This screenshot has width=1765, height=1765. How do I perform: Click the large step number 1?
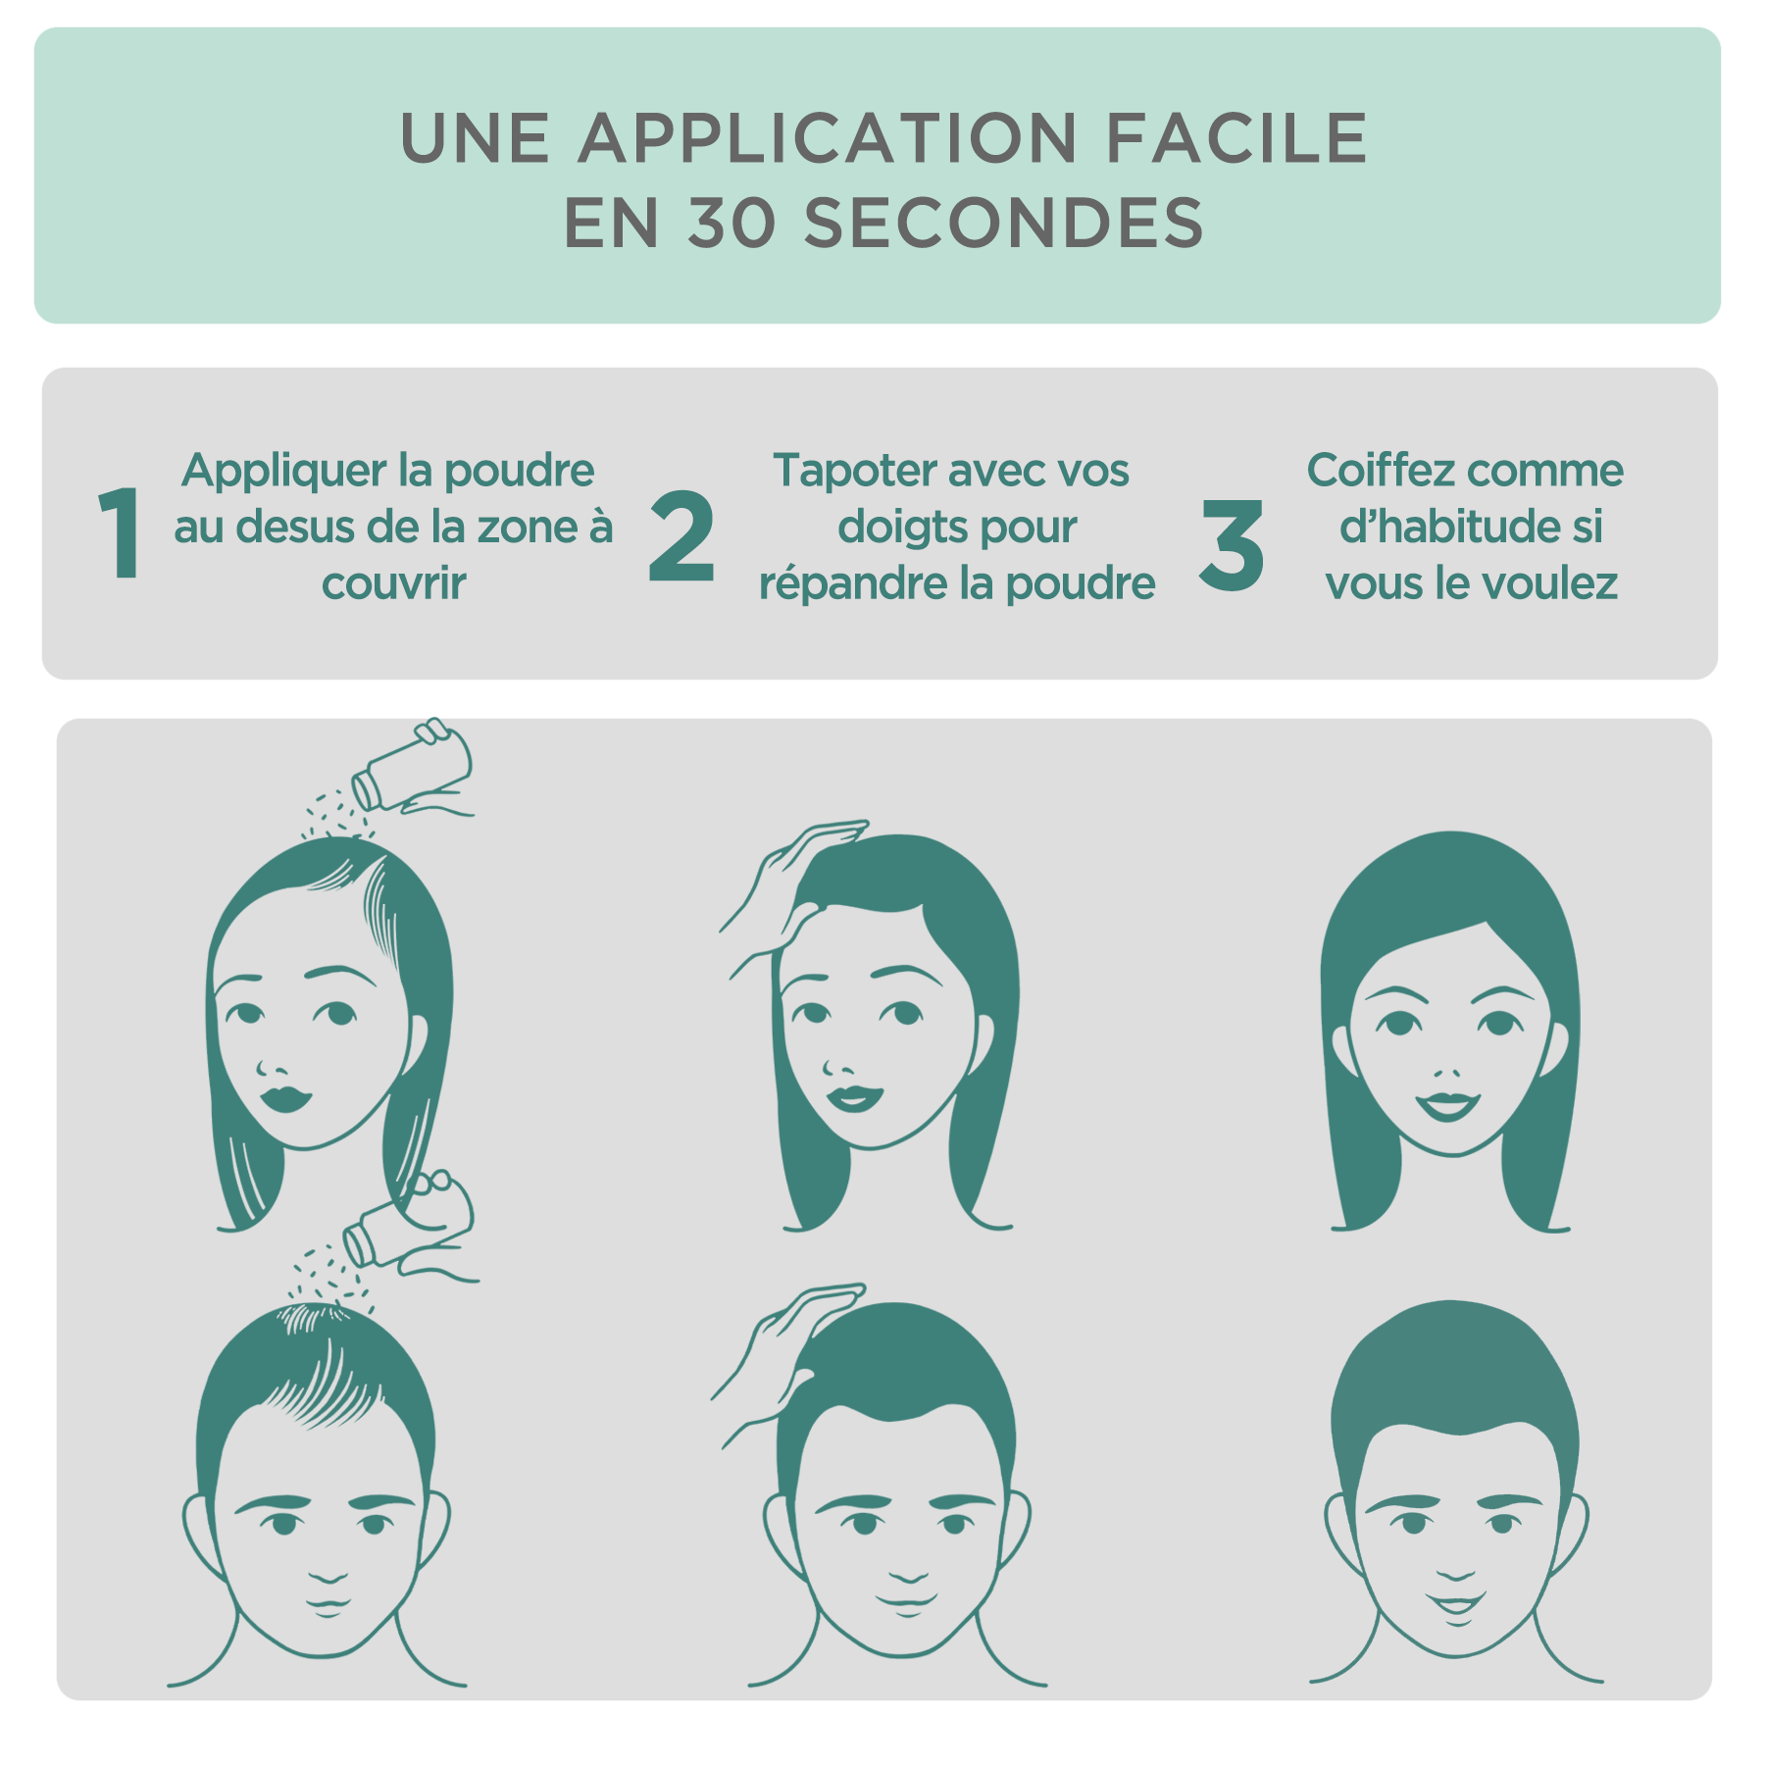(x=120, y=532)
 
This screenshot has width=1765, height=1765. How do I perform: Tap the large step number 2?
(x=681, y=535)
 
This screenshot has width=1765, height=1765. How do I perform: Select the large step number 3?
(x=1232, y=545)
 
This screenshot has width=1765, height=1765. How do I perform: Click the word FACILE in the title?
(x=1236, y=138)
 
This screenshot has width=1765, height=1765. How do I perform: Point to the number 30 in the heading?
(x=731, y=223)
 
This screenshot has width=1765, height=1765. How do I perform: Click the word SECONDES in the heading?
(x=1004, y=223)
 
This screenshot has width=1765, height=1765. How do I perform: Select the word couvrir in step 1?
(x=394, y=584)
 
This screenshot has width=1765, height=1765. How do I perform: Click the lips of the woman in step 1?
(x=285, y=1097)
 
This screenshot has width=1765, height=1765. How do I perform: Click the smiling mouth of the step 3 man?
(x=1456, y=1603)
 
